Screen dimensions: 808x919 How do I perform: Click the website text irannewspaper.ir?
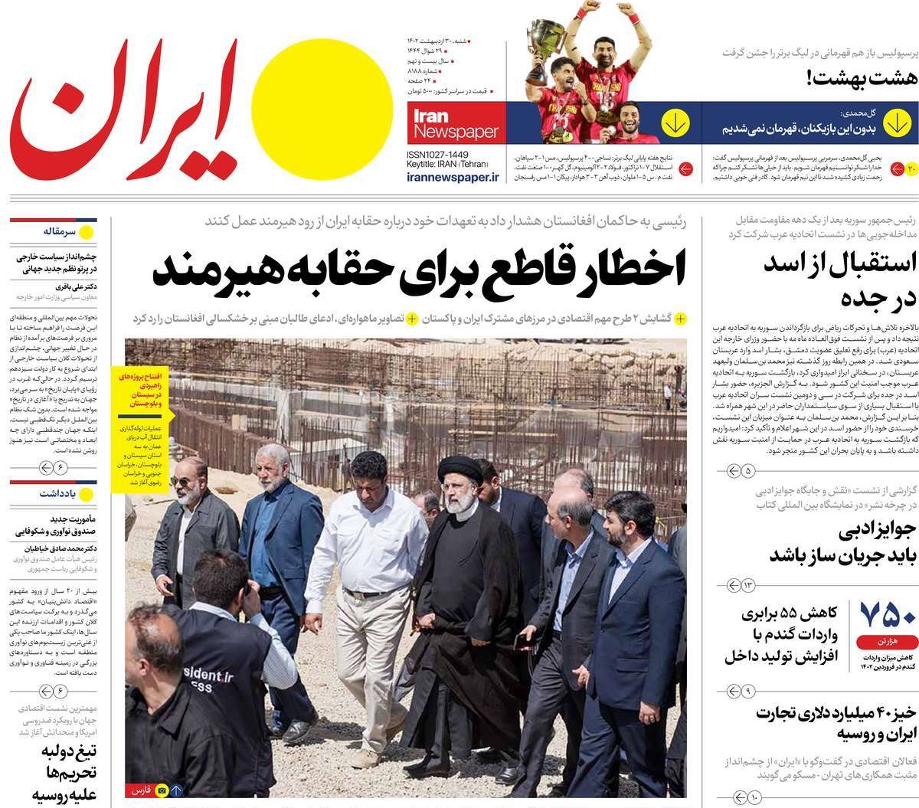click(x=453, y=177)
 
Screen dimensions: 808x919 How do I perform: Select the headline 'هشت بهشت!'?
click(x=851, y=77)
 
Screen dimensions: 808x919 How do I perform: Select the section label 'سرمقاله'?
click(x=60, y=231)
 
